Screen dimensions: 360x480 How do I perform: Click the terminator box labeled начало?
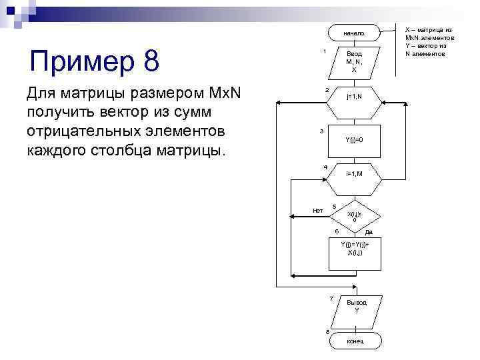click(x=354, y=33)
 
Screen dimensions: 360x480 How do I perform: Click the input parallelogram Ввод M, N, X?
click(x=354, y=61)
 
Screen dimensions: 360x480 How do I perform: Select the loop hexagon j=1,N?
click(x=354, y=97)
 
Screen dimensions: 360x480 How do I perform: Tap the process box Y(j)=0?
click(x=354, y=139)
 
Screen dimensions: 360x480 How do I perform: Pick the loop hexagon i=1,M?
click(x=354, y=173)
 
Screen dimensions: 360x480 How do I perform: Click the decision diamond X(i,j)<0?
click(x=354, y=215)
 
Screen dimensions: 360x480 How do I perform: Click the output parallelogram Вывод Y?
click(x=355, y=307)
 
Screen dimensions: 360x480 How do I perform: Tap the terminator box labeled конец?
click(x=355, y=341)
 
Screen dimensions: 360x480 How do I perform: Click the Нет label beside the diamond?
click(x=318, y=211)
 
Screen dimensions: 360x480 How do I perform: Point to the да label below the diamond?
click(x=369, y=232)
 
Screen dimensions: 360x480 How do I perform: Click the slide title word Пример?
click(x=73, y=62)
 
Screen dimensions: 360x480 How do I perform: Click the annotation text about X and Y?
click(x=430, y=41)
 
